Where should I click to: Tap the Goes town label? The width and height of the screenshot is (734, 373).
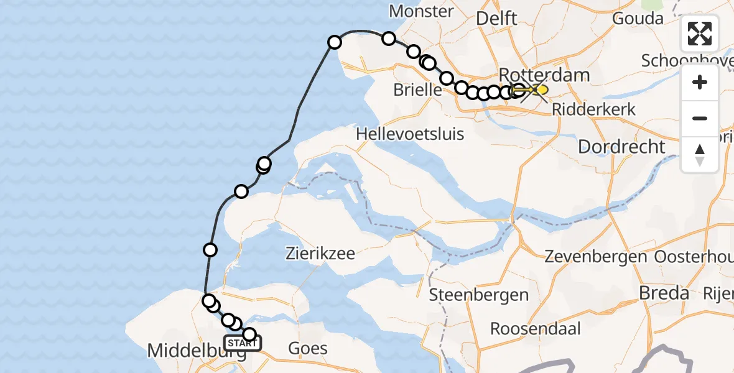click(308, 348)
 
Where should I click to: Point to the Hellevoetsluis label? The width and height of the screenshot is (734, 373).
click(410, 134)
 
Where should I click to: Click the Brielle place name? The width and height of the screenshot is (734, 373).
click(417, 90)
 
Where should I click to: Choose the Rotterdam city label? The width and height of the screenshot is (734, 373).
click(544, 75)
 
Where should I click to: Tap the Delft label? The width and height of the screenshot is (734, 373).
click(496, 19)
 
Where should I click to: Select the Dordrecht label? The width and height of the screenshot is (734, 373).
click(621, 147)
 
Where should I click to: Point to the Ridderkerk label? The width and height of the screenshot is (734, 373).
click(594, 109)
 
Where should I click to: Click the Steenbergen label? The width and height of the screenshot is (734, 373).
click(479, 295)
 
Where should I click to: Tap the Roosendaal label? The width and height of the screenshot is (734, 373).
click(536, 328)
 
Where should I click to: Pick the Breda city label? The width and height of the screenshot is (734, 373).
click(664, 293)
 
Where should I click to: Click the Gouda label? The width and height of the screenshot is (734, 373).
click(638, 18)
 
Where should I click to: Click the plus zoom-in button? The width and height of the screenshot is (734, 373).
click(700, 82)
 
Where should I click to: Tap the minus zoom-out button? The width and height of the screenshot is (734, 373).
click(700, 118)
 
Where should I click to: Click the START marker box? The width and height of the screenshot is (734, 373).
click(243, 343)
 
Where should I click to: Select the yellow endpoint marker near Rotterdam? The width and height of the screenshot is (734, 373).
click(542, 90)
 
